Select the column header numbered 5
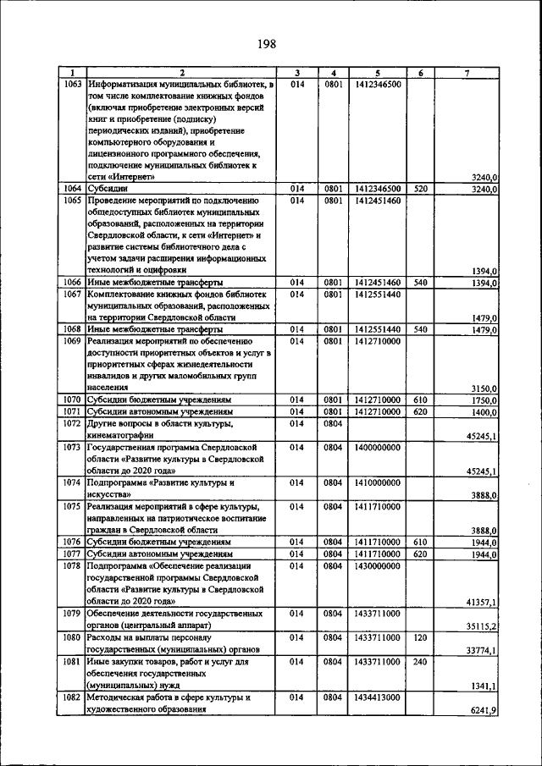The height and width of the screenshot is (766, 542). click(x=378, y=74)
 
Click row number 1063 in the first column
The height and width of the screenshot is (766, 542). click(x=73, y=85)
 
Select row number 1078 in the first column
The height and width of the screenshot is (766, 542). click(x=73, y=564)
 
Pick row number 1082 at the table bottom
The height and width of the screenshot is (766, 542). click(x=73, y=697)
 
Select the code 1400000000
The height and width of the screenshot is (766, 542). click(x=378, y=446)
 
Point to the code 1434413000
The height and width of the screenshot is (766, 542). click(x=378, y=697)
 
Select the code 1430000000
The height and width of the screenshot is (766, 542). click(x=378, y=564)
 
